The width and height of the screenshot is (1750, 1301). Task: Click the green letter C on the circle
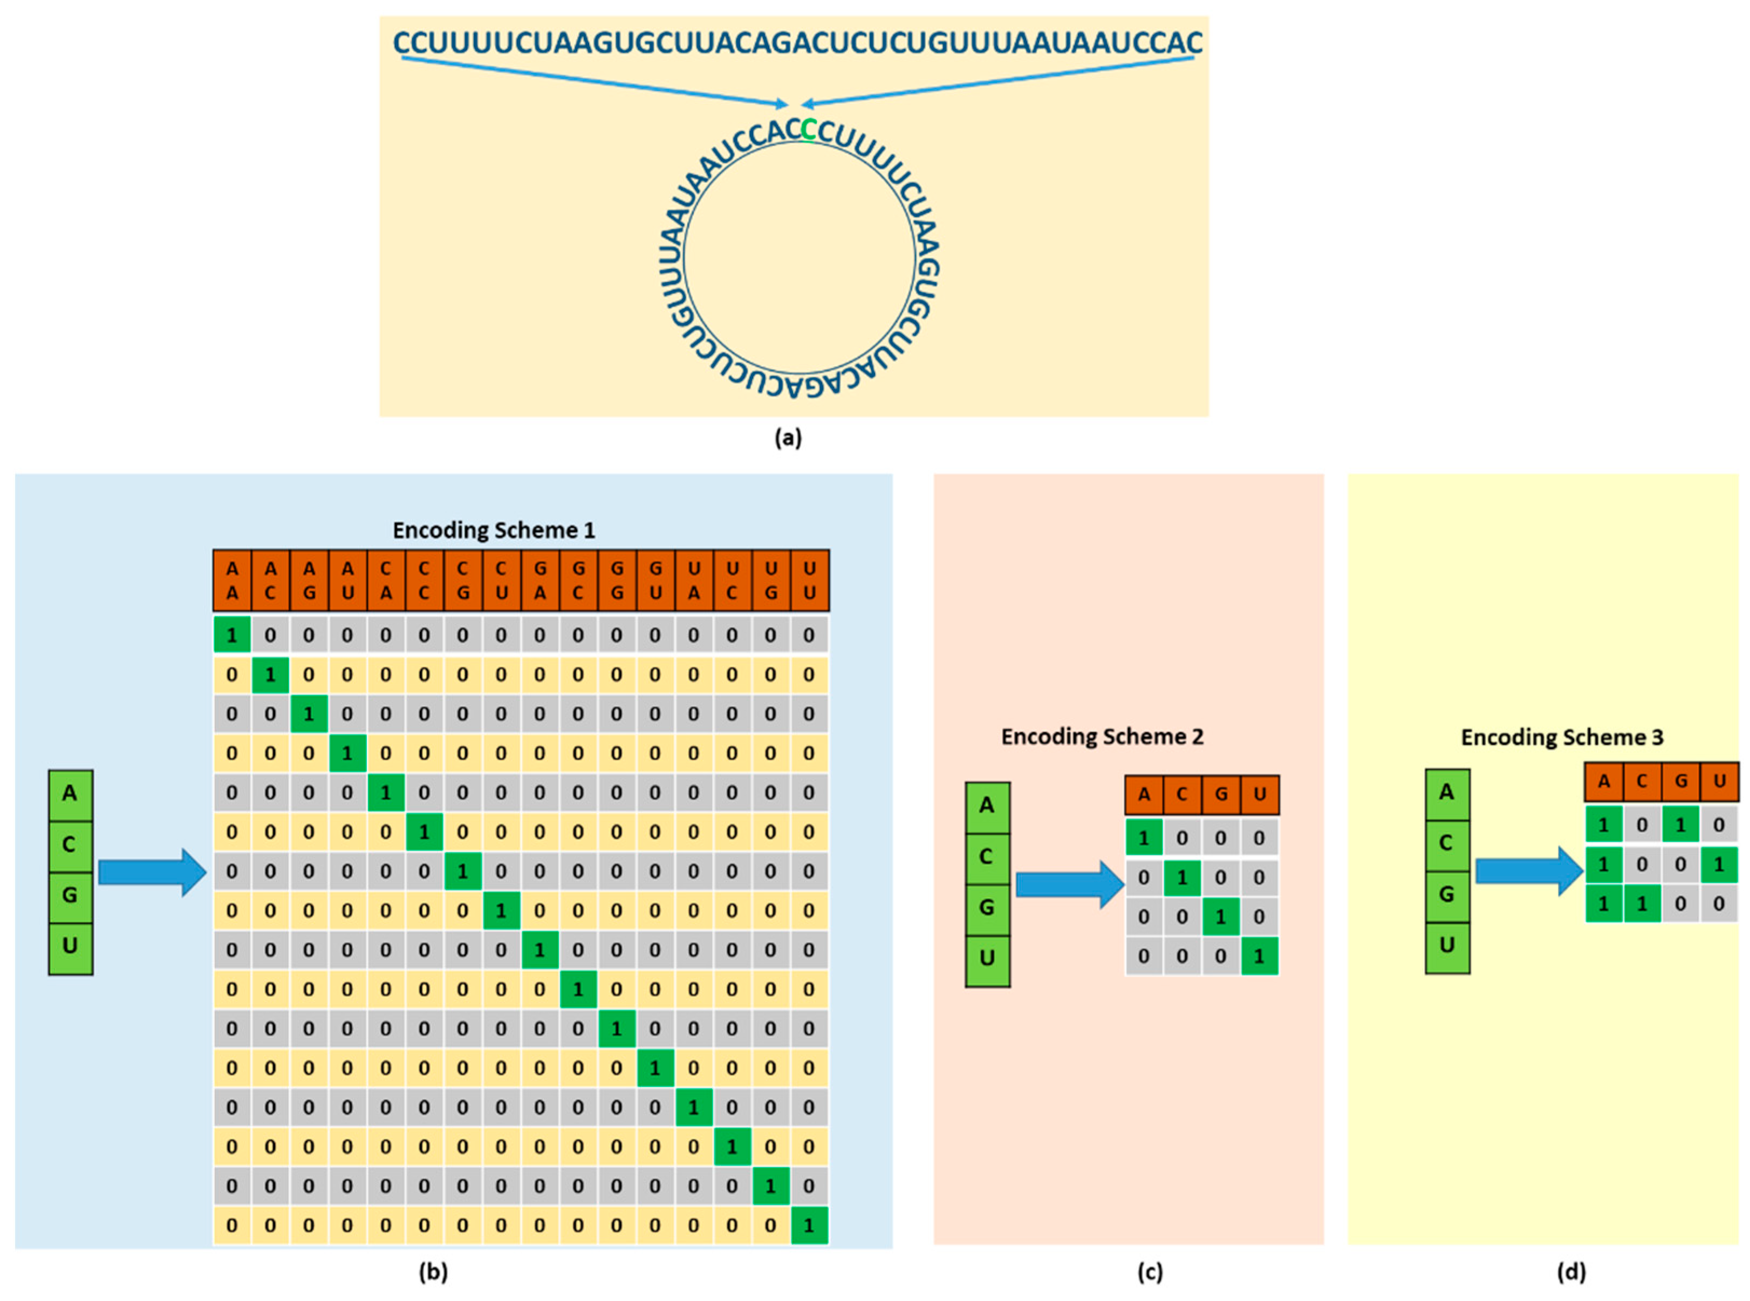[x=808, y=129]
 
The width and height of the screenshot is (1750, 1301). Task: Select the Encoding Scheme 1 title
[x=494, y=530]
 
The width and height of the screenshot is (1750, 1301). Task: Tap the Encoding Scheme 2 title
[x=1102, y=737]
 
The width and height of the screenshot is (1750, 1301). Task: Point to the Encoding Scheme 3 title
[x=1561, y=737]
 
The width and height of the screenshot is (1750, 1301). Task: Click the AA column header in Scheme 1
[x=232, y=581]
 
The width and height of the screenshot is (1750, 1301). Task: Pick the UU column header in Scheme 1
[x=809, y=581]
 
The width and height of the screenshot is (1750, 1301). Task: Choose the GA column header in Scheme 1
[x=539, y=581]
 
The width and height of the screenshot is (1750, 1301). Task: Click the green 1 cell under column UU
[x=809, y=1225]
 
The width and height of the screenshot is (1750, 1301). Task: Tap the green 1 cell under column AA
[x=232, y=635]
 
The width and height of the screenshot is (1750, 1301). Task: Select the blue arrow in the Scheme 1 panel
[x=152, y=872]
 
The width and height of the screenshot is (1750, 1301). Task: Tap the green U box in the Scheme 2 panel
[x=987, y=958]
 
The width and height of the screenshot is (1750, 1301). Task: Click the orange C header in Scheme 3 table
[x=1642, y=782]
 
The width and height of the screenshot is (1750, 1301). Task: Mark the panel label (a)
[x=788, y=438]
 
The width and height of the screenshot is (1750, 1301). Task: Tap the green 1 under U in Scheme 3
[x=1719, y=864]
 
